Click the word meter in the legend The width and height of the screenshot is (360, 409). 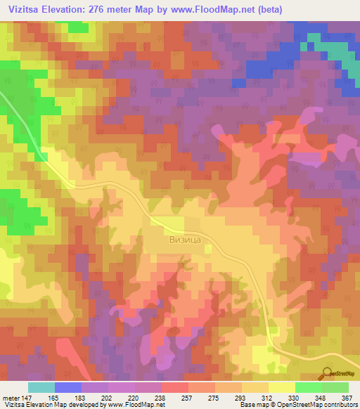[x=12, y=397]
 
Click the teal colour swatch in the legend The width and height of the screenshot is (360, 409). [x=41, y=387]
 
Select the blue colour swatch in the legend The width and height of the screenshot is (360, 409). [x=67, y=387]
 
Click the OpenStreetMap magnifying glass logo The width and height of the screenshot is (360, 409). [x=326, y=372]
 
